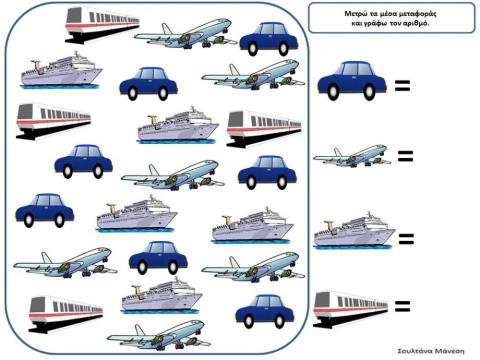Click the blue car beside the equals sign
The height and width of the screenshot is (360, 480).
point(352,81)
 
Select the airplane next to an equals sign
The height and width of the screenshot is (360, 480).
point(352,155)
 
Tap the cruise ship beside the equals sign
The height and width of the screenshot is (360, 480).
point(354,231)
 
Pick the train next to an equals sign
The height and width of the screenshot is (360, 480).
point(351,309)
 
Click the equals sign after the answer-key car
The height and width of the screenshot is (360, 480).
point(402,85)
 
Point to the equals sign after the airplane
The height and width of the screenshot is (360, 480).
point(405,156)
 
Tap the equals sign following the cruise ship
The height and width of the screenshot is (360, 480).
point(406,239)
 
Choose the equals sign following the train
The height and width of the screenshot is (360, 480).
point(402,306)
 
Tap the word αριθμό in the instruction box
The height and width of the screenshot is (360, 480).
point(416,24)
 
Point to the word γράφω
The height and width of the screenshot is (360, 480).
point(375,24)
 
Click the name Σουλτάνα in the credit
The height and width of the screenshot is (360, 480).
point(416,351)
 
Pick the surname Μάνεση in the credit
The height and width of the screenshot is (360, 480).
point(451,351)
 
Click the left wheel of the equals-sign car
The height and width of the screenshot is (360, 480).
point(333,92)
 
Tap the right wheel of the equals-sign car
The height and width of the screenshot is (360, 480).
point(369,92)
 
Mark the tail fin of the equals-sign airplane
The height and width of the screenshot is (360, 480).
point(338,152)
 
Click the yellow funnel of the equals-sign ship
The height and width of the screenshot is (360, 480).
point(328,225)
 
